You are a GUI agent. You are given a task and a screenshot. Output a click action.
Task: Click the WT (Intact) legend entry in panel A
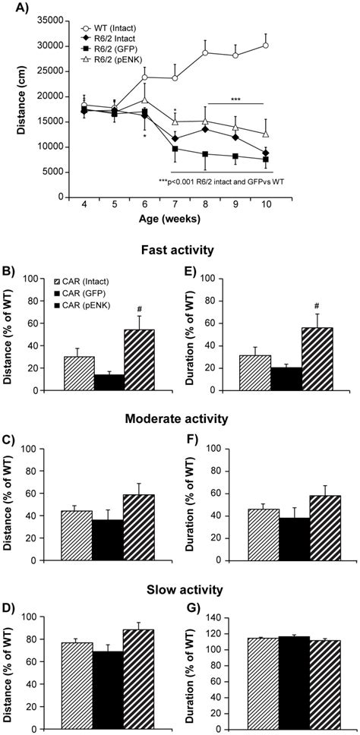(x=112, y=27)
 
